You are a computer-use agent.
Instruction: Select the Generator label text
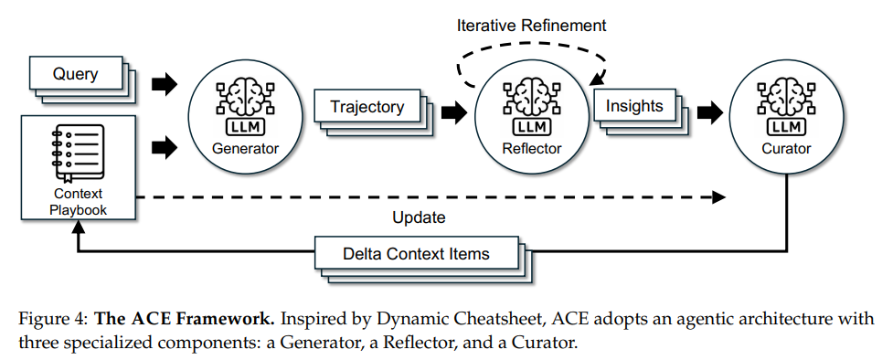coord(245,149)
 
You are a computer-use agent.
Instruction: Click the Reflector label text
coord(532,149)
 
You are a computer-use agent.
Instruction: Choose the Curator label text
coord(786,149)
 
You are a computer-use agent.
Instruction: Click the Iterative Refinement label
coord(532,26)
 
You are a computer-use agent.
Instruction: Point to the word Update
coord(419,217)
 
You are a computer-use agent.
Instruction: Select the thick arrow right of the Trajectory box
coord(454,113)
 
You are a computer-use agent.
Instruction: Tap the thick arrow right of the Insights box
coord(710,113)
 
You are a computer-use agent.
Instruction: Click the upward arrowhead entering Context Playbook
coord(79,226)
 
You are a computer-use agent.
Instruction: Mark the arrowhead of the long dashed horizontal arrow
coord(719,196)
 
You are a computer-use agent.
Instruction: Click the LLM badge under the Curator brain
coord(786,128)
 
